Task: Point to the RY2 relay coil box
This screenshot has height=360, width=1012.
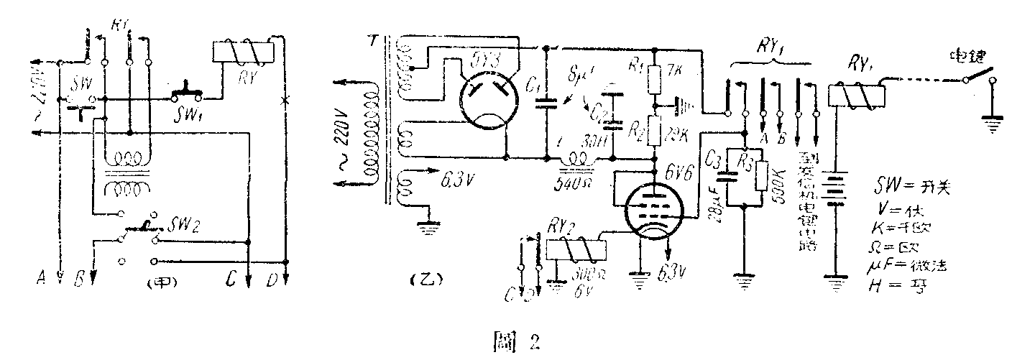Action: pyautogui.click(x=576, y=248)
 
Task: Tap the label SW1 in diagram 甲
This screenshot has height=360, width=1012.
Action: pyautogui.click(x=185, y=113)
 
